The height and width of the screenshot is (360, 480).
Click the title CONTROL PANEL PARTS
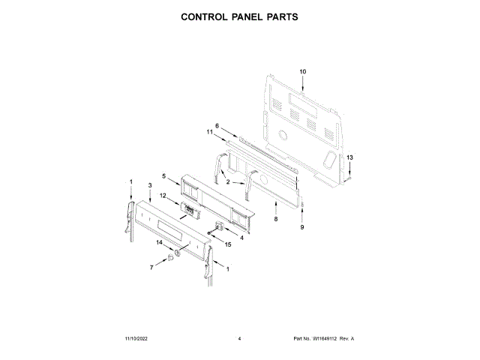click(x=240, y=16)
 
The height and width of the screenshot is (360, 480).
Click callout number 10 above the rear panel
click(x=303, y=71)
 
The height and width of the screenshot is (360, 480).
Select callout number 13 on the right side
click(x=348, y=157)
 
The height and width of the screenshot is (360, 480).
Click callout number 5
click(x=163, y=175)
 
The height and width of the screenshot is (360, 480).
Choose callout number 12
click(x=163, y=196)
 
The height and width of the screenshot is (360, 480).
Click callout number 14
click(x=159, y=242)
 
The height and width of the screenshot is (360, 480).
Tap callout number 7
click(x=151, y=267)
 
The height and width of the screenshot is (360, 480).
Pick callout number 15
click(x=229, y=244)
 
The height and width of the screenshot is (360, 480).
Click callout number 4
click(x=241, y=238)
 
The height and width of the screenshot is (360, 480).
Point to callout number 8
click(x=275, y=219)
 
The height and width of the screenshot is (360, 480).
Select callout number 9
click(x=303, y=226)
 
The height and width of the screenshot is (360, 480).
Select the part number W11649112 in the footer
click(x=325, y=339)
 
